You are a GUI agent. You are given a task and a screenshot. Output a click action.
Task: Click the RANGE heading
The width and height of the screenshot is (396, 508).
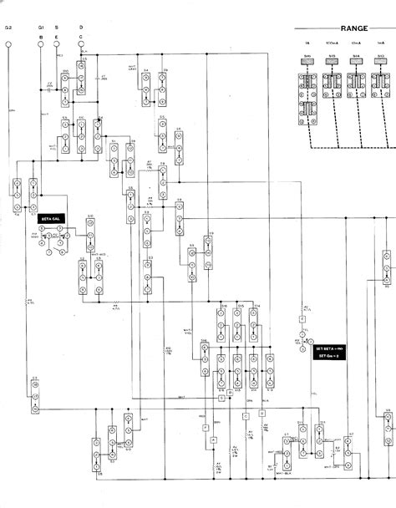(343, 28)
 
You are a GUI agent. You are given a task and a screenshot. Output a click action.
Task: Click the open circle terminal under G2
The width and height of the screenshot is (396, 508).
(8, 46)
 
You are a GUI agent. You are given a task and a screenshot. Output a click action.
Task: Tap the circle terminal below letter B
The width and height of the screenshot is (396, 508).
(40, 46)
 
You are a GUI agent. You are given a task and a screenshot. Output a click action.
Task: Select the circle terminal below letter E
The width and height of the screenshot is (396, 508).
(57, 46)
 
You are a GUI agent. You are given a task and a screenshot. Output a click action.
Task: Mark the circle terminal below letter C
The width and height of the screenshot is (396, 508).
(81, 46)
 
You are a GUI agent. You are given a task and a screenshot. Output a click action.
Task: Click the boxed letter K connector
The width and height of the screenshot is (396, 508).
(302, 319)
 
